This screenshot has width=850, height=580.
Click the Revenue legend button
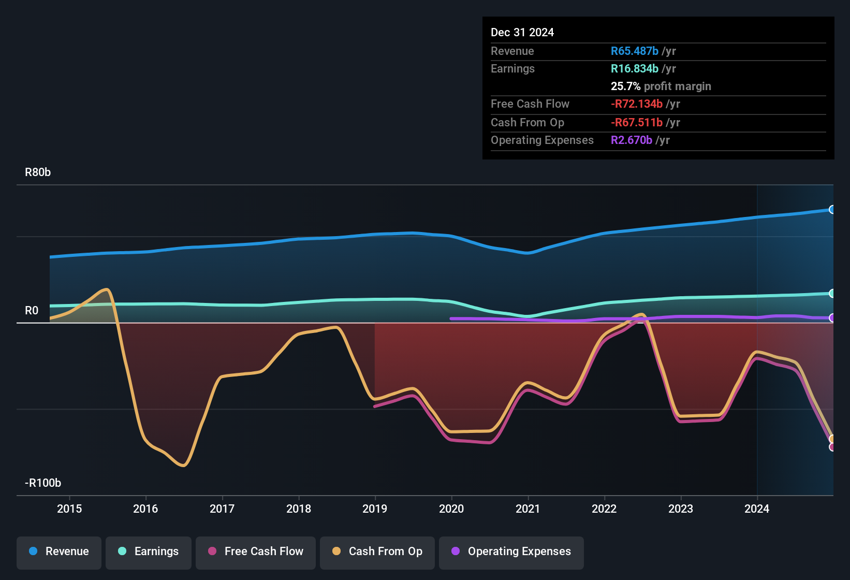coord(59,552)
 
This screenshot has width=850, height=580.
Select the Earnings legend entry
coord(149,552)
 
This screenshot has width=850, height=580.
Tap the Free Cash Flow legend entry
coord(256,552)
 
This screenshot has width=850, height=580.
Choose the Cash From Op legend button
coord(377,552)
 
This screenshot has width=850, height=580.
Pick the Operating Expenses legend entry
coord(511,552)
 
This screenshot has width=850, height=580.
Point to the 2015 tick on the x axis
coord(69,509)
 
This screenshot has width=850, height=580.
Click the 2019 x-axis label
coord(375,509)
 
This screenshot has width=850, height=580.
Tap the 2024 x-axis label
coord(757,509)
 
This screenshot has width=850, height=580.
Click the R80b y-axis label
coord(38,172)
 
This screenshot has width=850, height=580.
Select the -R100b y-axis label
coord(43,483)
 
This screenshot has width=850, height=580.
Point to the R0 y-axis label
coord(32,311)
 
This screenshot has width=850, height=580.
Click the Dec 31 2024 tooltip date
coord(522,33)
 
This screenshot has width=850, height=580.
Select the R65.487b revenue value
coord(635,51)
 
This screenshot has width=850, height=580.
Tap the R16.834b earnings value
coord(635,69)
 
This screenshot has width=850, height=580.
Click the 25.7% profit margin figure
coord(625,86)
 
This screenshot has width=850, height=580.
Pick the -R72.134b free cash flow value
coord(637,104)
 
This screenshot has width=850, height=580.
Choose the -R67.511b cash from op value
coord(637,123)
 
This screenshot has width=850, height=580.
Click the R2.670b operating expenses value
coord(632,140)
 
